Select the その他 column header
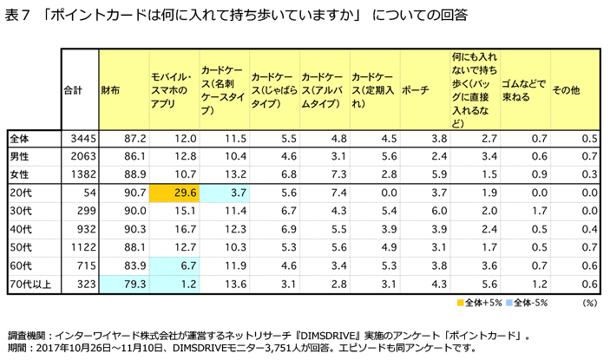[566, 89]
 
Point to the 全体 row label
[19, 138]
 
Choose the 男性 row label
[19, 156]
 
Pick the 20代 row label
[19, 193]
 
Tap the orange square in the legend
[460, 303]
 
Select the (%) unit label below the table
[590, 303]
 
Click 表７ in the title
[16, 14]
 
